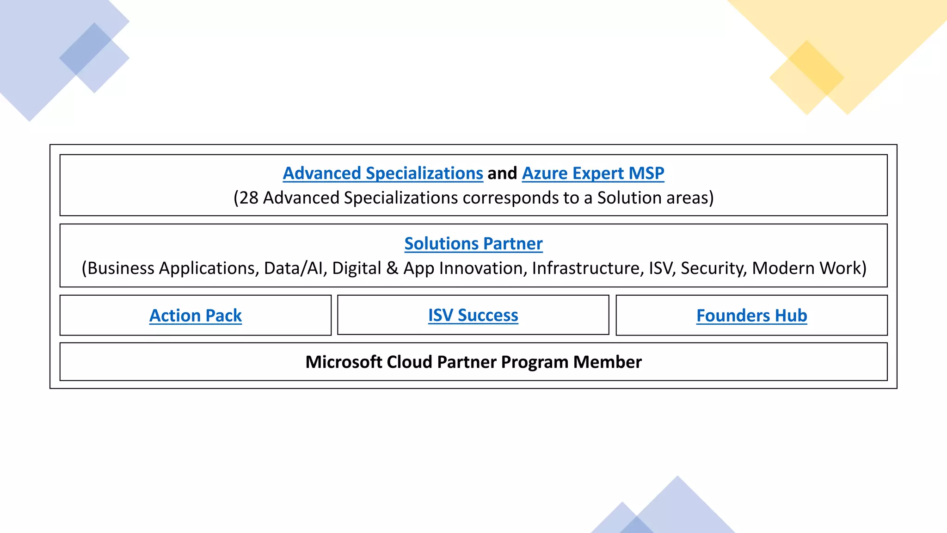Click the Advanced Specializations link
point(383,174)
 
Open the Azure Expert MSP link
point(593,174)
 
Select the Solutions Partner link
point(473,244)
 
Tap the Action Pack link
point(196,316)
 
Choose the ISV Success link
point(473,315)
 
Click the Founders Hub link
point(751,316)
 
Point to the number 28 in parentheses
point(249,198)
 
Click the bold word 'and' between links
point(502,174)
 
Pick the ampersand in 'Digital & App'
point(392,268)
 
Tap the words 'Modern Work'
point(806,268)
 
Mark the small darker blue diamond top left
point(86,49)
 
